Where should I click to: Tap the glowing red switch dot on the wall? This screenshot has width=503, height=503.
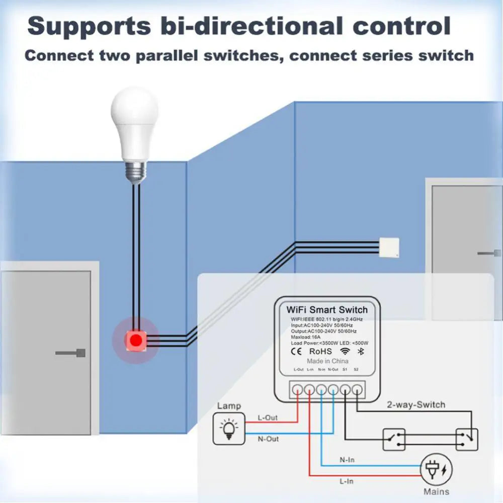(x=135, y=340)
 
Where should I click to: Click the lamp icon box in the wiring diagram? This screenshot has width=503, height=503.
(x=229, y=428)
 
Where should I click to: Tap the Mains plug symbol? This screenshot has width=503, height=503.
(x=436, y=471)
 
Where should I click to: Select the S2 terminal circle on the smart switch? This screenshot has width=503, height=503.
(x=357, y=389)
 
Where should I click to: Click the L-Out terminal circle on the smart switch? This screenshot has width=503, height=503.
(x=297, y=389)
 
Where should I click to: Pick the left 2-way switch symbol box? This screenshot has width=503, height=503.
(x=393, y=440)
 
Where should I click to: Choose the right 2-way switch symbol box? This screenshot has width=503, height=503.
(x=467, y=440)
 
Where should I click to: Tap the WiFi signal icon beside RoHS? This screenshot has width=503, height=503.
(x=345, y=351)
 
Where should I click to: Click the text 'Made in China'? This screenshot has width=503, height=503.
(x=327, y=361)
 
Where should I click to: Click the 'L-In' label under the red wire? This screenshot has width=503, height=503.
(x=347, y=481)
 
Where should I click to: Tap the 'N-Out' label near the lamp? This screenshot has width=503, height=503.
(x=268, y=439)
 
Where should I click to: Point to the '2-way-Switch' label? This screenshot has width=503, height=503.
(x=416, y=404)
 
